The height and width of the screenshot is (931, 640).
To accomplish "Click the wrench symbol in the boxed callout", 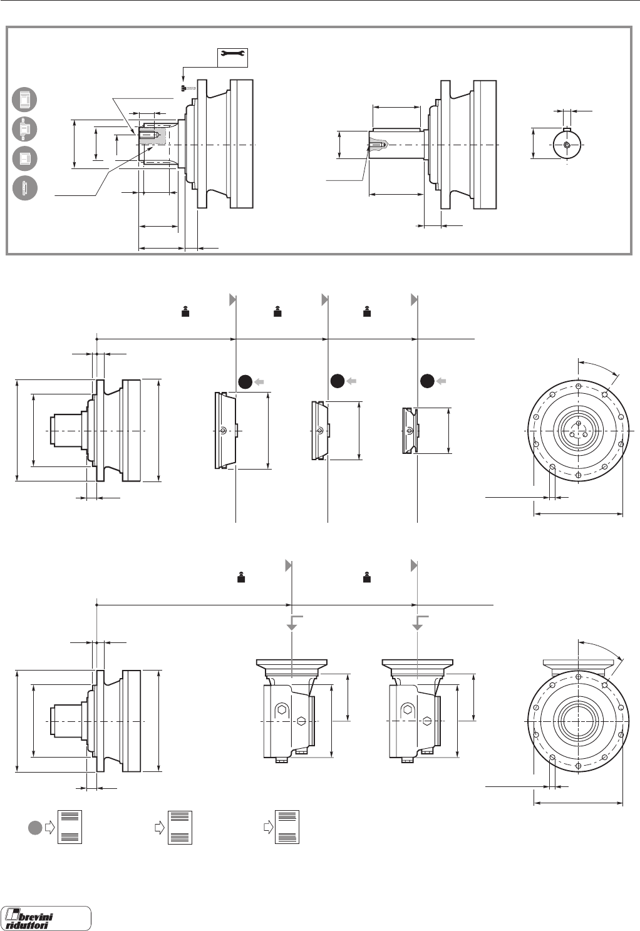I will click(x=232, y=58).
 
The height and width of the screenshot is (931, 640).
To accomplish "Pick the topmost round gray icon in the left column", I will click(x=24, y=100).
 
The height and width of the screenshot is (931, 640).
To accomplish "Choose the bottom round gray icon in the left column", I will click(x=24, y=188).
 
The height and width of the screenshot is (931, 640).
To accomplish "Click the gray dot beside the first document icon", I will click(x=36, y=827).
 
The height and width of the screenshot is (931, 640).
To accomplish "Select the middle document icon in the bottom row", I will click(x=180, y=827).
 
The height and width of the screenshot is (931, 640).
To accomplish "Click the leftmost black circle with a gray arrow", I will click(x=246, y=381).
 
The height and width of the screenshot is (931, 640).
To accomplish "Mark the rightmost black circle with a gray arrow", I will click(x=428, y=381).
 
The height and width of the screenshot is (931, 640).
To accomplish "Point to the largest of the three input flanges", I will click(x=226, y=430).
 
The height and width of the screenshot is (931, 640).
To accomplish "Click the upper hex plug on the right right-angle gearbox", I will click(x=408, y=709).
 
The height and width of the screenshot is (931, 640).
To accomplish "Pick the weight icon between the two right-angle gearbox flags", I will click(x=366, y=577).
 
